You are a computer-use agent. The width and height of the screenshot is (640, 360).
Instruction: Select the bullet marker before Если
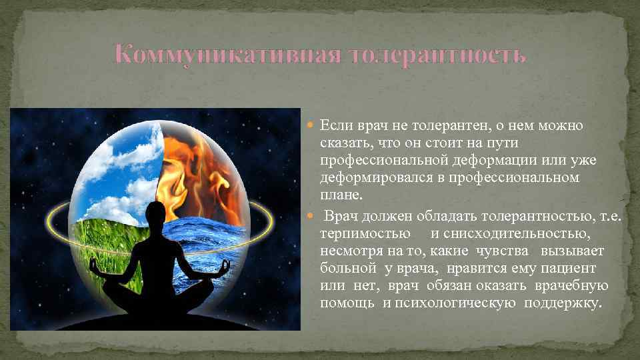pos(313,125)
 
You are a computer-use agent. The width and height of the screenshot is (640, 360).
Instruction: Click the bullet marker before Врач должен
pos(313,215)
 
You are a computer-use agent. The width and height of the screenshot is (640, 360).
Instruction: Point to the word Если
pos(335,125)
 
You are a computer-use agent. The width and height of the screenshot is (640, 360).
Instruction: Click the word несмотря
pos(349,251)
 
